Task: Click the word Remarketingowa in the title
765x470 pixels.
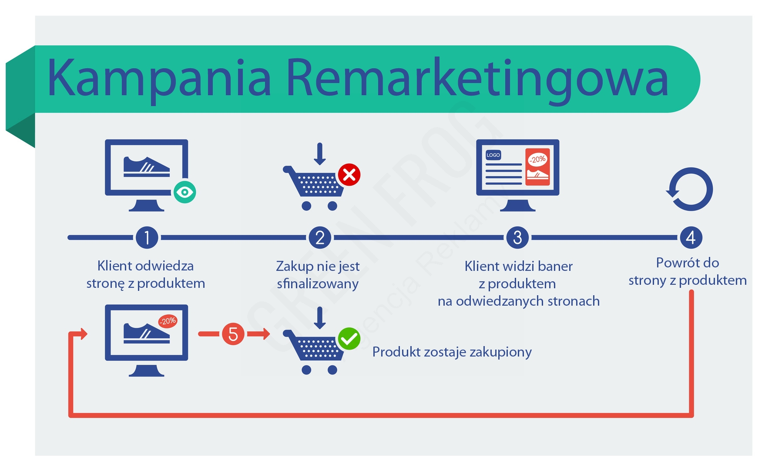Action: pos(477,78)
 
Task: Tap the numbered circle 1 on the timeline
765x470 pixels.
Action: pos(147,237)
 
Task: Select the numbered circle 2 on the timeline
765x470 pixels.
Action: pos(320,237)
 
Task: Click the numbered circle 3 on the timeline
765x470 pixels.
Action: pos(517,237)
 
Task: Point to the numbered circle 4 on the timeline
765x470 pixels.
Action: pos(691,237)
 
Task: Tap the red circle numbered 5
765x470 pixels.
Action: pos(233,334)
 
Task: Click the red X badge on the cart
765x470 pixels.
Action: pos(349,175)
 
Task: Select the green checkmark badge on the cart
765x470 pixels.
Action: pos(349,339)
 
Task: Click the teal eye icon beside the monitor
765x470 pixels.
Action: pos(185,192)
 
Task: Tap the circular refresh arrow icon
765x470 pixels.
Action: pos(690,189)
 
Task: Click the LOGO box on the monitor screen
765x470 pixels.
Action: pos(493,155)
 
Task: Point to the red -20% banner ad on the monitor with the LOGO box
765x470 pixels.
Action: pos(537,167)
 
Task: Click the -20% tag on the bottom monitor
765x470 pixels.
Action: pos(168,321)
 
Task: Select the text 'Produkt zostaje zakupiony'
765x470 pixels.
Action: pos(452,352)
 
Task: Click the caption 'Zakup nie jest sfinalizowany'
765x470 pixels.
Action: pos(318,275)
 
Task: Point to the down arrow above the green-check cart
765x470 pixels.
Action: pos(320,318)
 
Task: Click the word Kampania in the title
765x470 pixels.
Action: pos(159,78)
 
